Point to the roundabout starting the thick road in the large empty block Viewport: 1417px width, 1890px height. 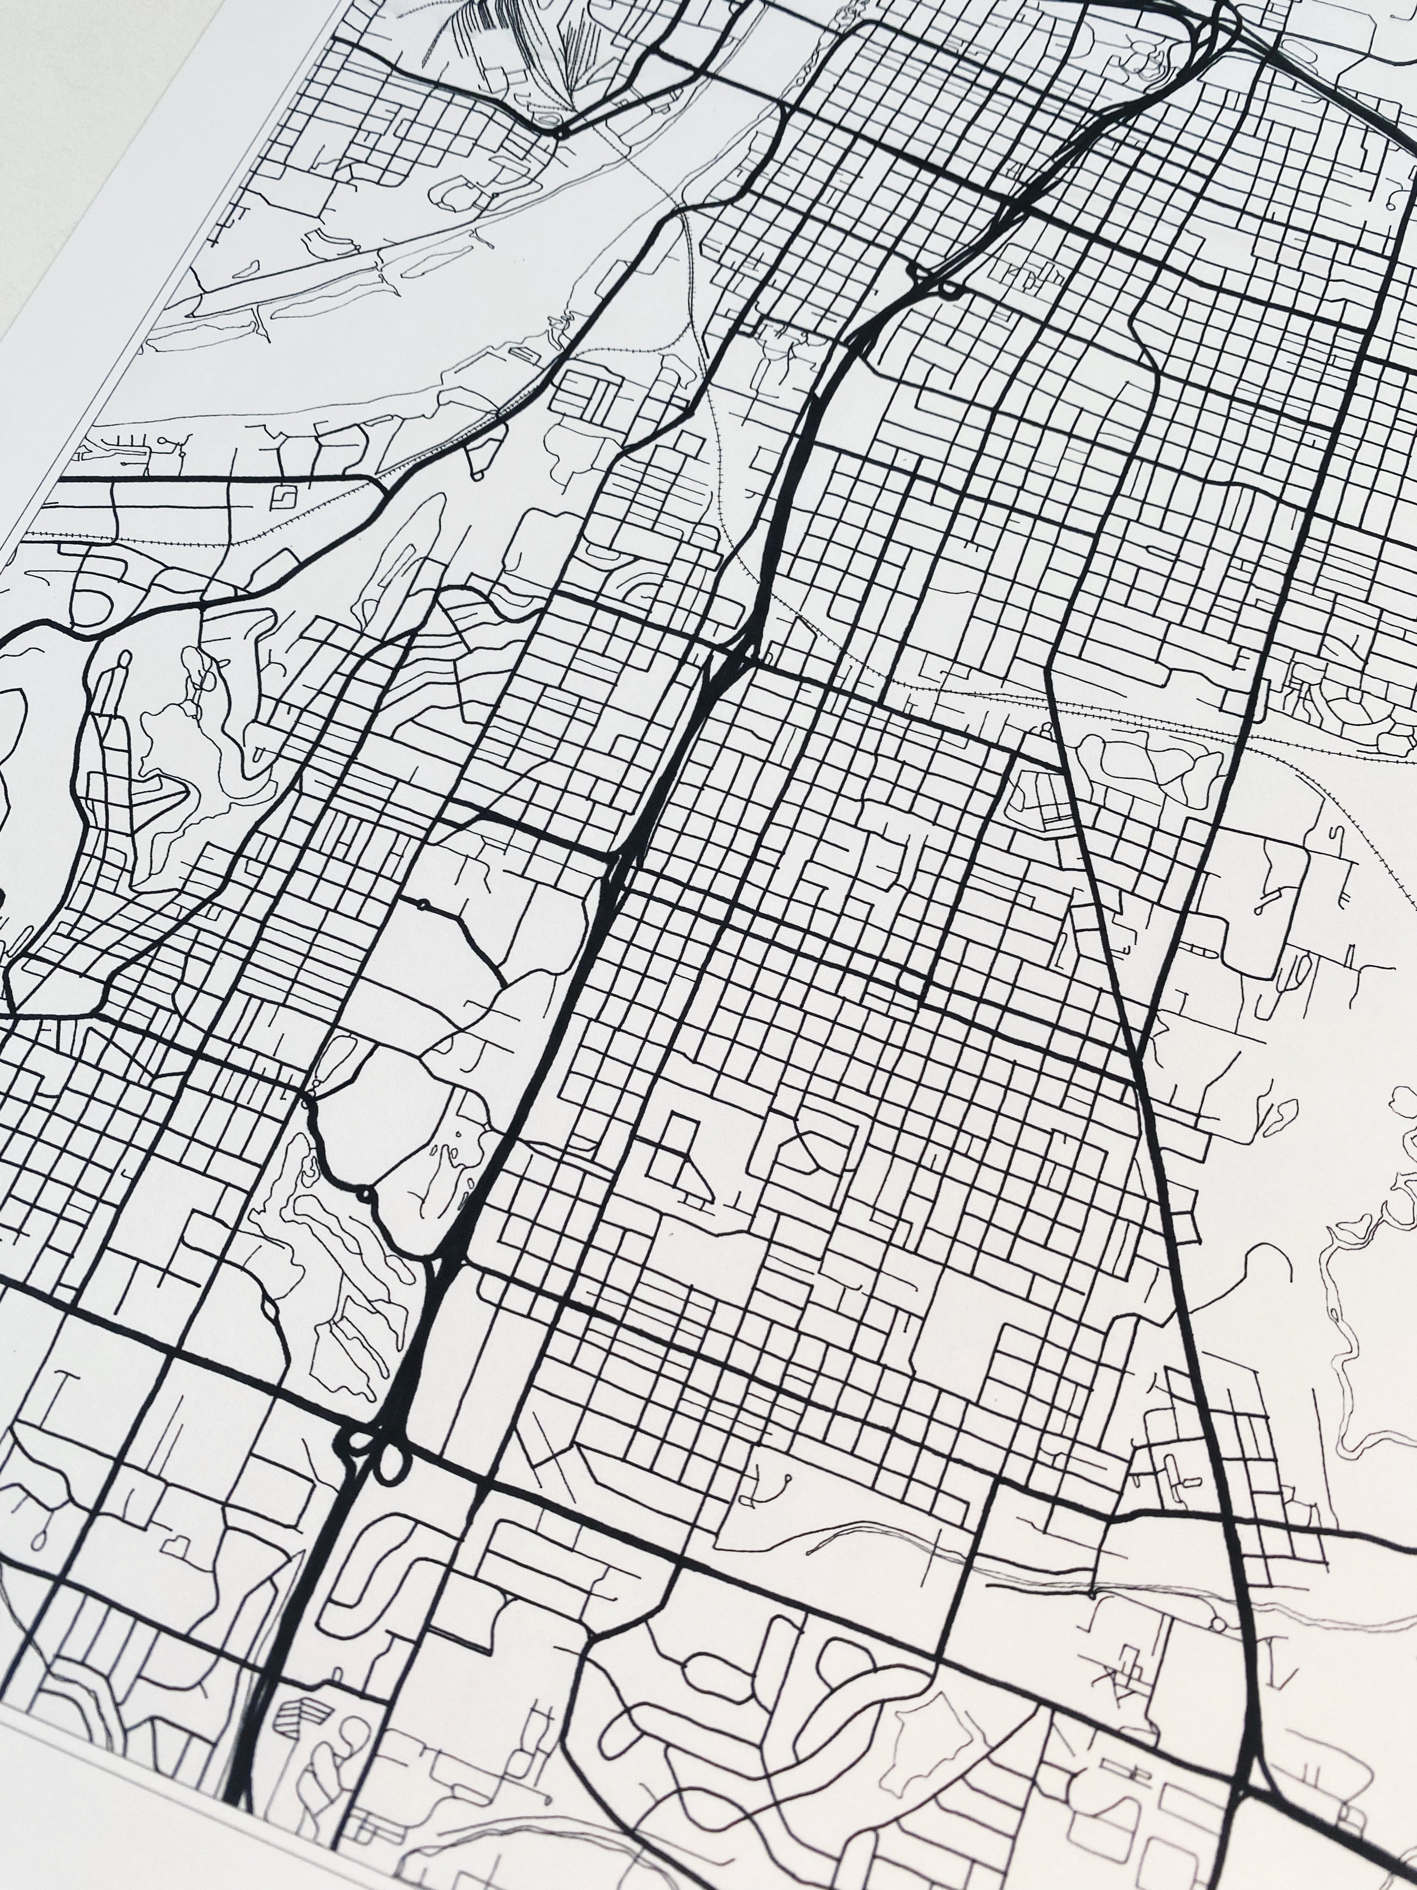click(421, 903)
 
